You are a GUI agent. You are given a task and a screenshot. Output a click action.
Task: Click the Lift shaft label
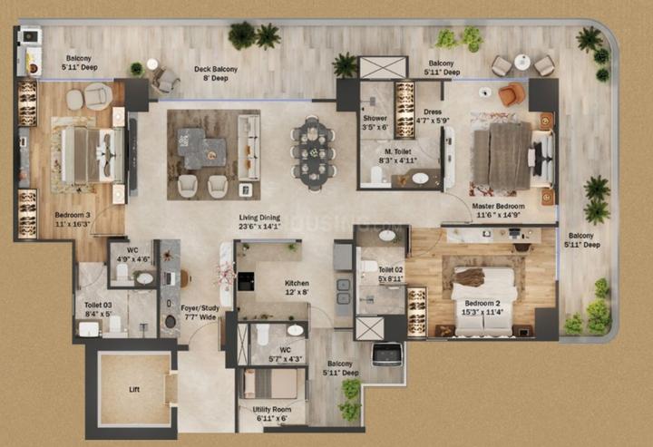(x=133, y=390)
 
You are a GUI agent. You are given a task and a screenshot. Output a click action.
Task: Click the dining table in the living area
(x=313, y=152)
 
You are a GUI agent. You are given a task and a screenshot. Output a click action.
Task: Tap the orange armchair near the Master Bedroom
(x=512, y=93)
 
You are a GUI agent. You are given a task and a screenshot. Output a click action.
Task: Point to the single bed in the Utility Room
(x=269, y=384)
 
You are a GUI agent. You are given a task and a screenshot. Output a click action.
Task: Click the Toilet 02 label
(x=389, y=273)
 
